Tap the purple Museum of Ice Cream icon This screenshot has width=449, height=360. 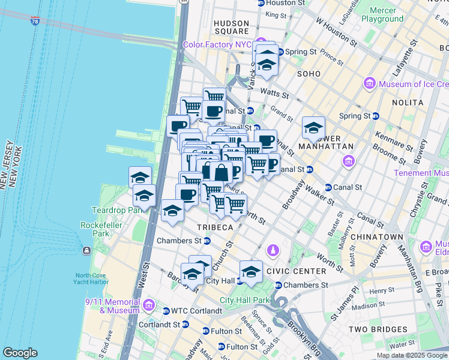click(x=369, y=84)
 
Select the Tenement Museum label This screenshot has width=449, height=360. click(x=421, y=173)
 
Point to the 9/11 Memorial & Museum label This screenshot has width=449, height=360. click(x=110, y=307)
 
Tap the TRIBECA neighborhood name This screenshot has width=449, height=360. click(x=214, y=227)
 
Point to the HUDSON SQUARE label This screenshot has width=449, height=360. click(x=231, y=27)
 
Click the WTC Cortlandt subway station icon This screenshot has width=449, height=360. click(x=166, y=311)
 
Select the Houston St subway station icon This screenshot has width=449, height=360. click(x=261, y=3)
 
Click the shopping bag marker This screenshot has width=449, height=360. click(x=221, y=172)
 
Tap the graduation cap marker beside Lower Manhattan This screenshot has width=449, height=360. click(x=313, y=128)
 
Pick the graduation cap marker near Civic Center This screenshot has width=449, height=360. click(x=251, y=271)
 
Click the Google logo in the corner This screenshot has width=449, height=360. click(x=20, y=353)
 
